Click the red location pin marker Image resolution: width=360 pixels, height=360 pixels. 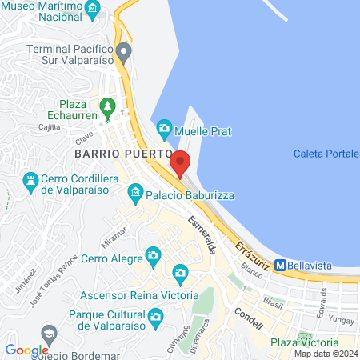[180, 163]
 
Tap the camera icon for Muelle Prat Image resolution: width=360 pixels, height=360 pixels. [164, 127]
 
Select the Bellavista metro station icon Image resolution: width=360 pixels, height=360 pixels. [280, 265]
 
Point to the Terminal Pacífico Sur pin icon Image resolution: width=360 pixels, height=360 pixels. [122, 53]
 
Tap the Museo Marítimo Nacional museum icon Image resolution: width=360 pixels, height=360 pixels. [93, 10]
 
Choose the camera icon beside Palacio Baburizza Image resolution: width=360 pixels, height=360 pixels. [135, 192]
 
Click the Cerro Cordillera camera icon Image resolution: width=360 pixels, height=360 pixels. [31, 180]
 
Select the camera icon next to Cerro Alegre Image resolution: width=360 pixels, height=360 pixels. [153, 256]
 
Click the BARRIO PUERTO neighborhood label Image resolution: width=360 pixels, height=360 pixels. [122, 152]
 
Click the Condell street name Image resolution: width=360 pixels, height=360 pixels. [248, 314]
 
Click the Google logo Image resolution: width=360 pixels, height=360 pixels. [26, 350]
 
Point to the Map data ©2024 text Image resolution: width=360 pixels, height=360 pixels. [325, 354]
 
